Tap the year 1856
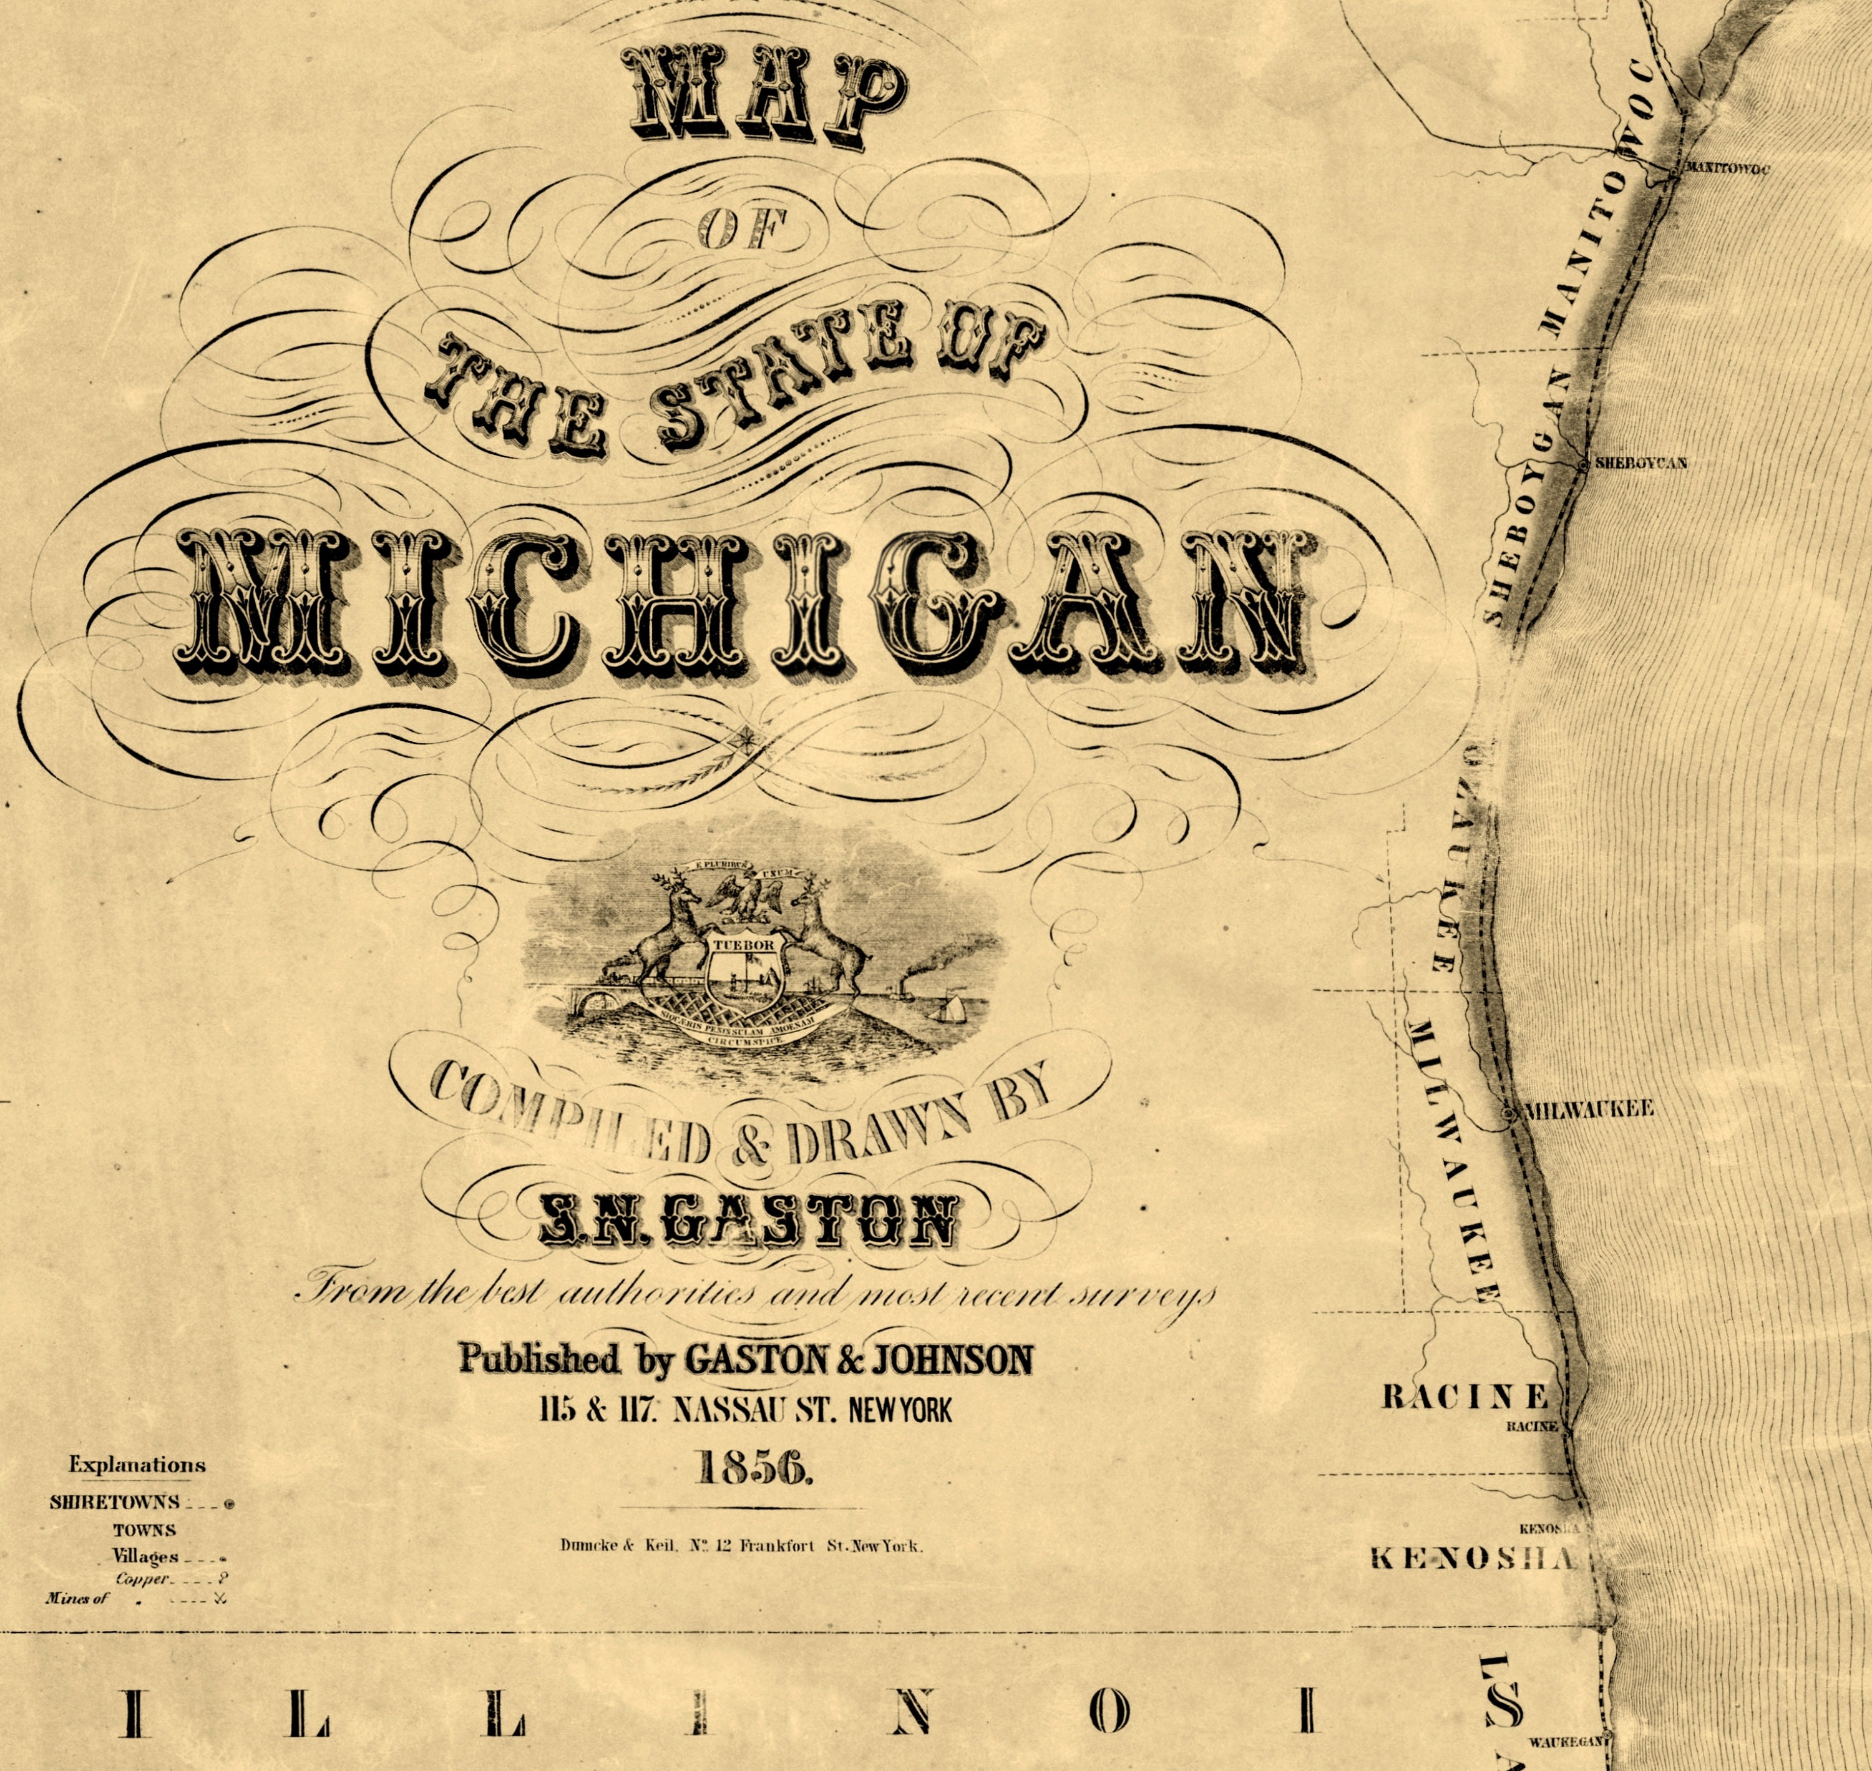click(x=753, y=1468)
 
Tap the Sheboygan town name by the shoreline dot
click(x=1640, y=464)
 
